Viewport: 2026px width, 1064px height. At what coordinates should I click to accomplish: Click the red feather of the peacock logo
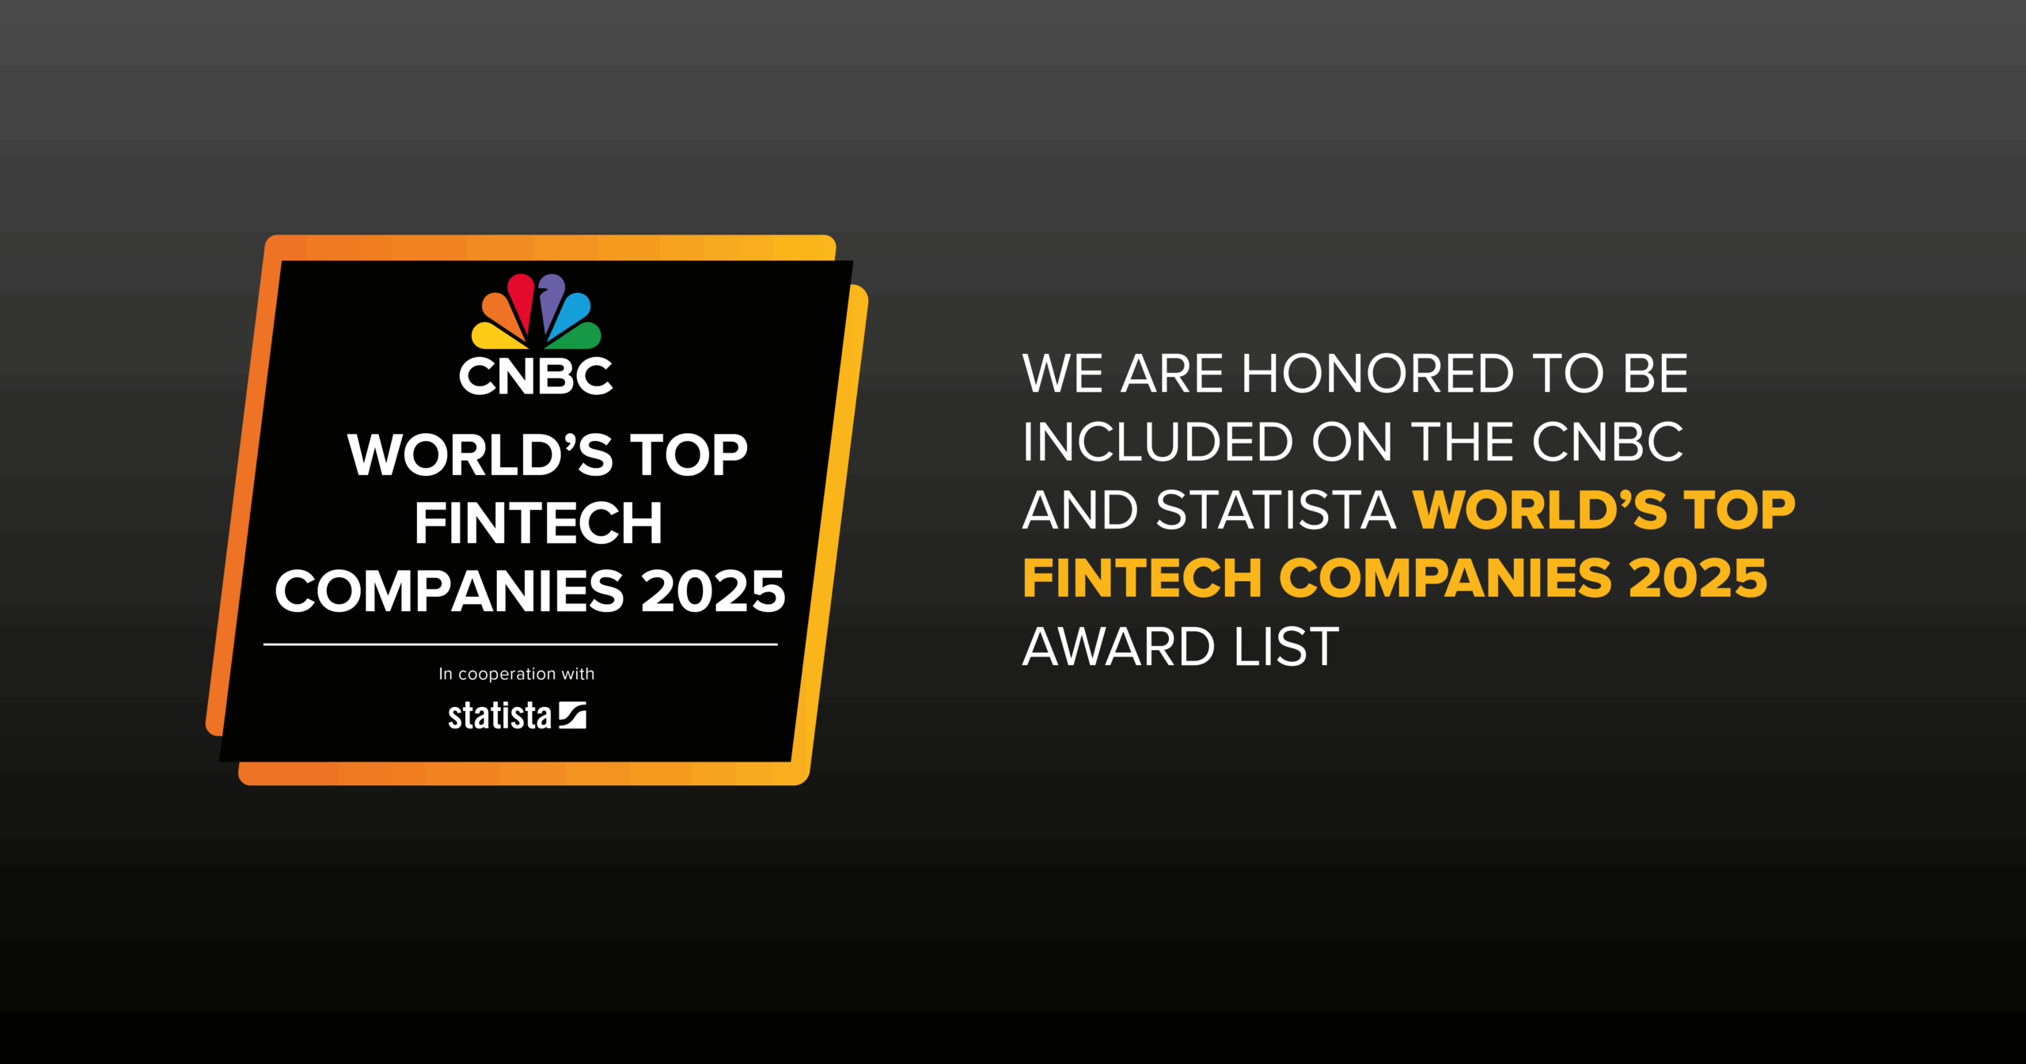click(521, 297)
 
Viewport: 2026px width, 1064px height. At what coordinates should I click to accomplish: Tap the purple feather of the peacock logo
click(552, 297)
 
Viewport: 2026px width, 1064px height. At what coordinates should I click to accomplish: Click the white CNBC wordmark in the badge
click(536, 376)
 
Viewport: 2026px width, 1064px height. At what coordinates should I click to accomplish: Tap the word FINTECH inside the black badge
click(538, 523)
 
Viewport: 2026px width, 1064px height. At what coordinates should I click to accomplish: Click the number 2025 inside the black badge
click(712, 591)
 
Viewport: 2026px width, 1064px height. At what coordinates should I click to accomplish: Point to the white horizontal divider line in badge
click(521, 644)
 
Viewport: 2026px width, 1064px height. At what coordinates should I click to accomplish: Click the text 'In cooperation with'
click(517, 674)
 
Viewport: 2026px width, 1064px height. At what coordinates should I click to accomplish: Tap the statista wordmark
click(499, 716)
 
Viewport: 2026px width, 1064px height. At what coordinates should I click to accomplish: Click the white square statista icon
click(572, 715)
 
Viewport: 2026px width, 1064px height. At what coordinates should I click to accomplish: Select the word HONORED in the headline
click(1378, 374)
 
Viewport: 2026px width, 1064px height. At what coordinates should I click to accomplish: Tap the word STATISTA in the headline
click(1276, 510)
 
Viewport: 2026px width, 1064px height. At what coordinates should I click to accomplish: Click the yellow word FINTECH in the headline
click(1142, 579)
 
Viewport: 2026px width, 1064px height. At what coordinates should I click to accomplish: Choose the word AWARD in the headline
click(1118, 647)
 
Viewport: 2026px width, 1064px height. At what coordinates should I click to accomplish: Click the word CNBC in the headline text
click(1607, 442)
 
